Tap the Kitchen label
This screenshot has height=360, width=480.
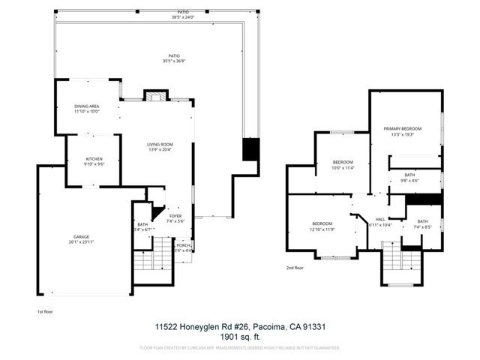click(94, 160)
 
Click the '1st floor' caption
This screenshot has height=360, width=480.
click(45, 310)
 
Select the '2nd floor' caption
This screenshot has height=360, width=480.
click(295, 268)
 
